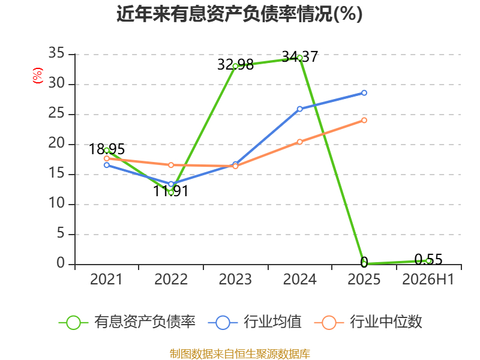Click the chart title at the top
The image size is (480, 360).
[239, 14]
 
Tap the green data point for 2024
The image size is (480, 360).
[299, 58]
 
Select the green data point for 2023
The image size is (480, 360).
[235, 66]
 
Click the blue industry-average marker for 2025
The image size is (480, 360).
[364, 93]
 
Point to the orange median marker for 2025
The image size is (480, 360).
[364, 121]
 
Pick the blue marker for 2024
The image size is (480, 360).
[299, 109]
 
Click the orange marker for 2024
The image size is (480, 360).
[299, 142]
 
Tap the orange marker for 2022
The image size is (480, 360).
[171, 165]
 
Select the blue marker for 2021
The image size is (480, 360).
[107, 165]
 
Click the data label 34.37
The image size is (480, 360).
[300, 56]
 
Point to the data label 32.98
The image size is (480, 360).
[235, 65]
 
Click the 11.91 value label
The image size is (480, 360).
[170, 191]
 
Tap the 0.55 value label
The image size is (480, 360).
[428, 260]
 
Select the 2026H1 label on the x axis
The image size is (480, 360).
[428, 280]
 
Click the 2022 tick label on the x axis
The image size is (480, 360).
[171, 280]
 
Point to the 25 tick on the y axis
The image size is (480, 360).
[56, 113]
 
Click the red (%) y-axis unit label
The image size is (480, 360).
[38, 76]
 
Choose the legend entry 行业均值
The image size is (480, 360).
[255, 322]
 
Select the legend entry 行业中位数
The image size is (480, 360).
[368, 322]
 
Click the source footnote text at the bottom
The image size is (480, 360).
[240, 354]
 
